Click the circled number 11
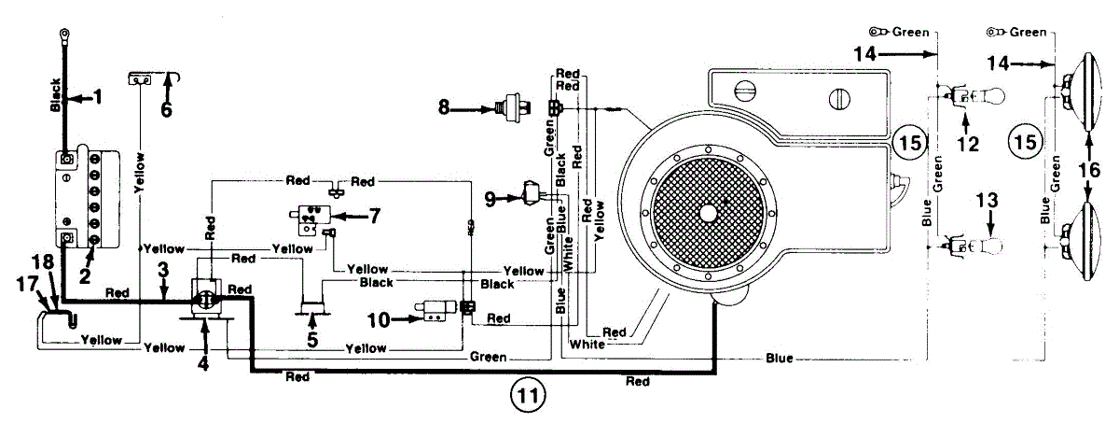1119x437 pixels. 528,396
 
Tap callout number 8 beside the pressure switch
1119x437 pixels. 444,107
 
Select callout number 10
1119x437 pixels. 379,320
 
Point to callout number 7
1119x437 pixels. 374,216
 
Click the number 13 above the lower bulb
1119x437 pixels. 987,201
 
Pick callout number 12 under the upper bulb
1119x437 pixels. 968,144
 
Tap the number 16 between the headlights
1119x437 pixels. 1089,170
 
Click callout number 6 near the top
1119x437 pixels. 166,109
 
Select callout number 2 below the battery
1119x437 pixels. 85,276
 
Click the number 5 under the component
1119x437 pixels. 312,340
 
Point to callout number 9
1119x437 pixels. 490,200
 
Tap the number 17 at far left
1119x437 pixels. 27,285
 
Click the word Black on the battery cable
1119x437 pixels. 55,94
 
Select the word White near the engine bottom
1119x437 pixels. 587,344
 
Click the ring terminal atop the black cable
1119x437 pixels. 64,34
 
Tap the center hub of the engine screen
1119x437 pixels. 708,214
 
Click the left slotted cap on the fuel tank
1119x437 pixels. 745,92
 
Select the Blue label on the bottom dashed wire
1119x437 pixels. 780,358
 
